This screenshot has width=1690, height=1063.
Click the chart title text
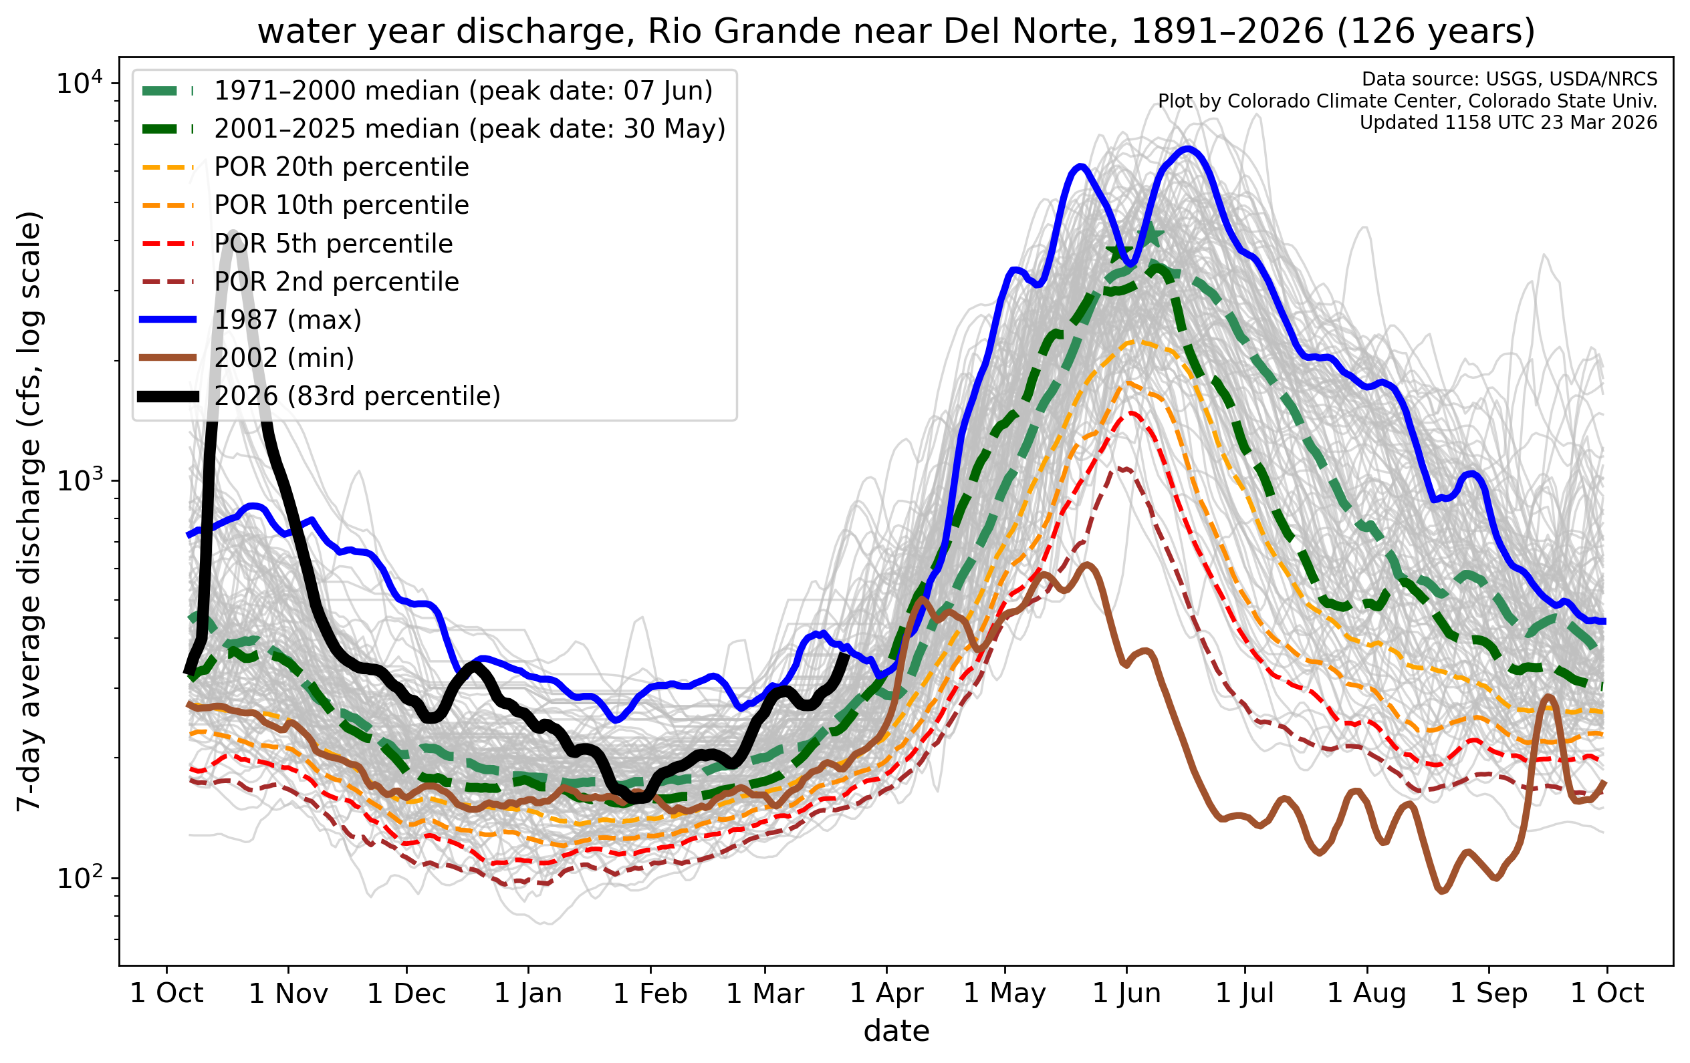896,31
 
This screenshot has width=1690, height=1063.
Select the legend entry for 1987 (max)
287,320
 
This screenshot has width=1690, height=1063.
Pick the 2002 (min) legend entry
283,358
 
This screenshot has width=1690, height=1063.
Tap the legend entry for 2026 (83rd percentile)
357,396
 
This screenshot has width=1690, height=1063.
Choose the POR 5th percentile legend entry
334,243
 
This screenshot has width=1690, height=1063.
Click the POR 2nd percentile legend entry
336,282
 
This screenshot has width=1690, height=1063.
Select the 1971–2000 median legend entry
463,92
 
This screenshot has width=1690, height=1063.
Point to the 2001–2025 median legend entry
469,129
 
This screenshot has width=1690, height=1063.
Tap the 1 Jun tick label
1126,994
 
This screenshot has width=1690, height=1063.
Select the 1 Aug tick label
1366,994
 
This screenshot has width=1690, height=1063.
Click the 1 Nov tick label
288,994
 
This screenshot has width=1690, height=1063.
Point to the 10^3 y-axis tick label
79,481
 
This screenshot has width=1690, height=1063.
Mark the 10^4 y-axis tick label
79,84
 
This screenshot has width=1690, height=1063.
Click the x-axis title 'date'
896,1032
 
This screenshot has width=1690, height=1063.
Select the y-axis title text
29,511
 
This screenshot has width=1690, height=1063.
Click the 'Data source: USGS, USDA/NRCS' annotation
1509,80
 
